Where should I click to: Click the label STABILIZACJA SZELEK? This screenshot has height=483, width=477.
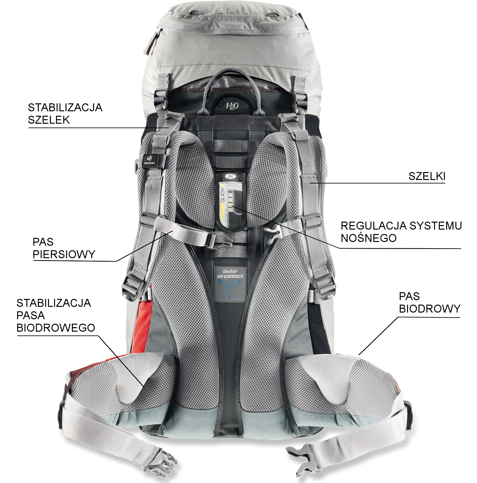coord(65,114)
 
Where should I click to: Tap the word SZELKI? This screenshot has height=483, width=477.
coord(427,176)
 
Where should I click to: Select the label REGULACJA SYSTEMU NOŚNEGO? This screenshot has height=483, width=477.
coord(401,232)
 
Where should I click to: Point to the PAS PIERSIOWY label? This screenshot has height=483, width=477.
coord(64,248)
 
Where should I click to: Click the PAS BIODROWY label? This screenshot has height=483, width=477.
coord(430,302)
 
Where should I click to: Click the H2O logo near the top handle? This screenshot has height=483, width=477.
coord(232,105)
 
